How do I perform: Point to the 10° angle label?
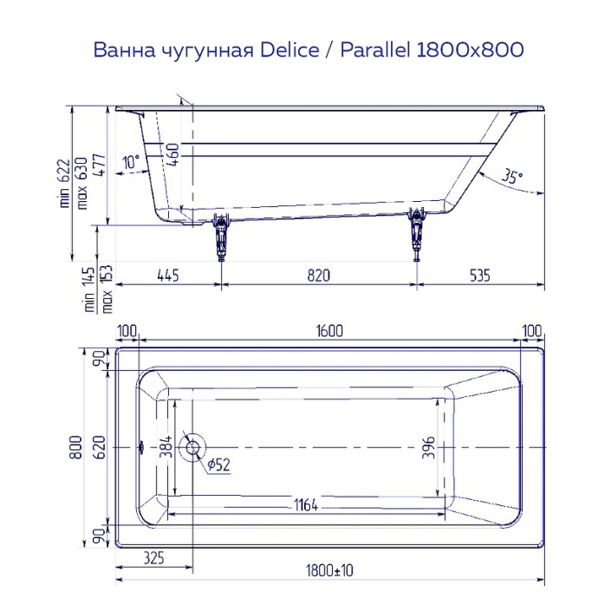click(x=131, y=162)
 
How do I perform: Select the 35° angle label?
click(x=512, y=177)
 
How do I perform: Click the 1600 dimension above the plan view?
click(x=330, y=330)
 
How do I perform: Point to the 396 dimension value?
click(x=427, y=447)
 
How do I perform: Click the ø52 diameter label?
click(x=218, y=465)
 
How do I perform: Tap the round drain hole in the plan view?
click(x=191, y=447)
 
